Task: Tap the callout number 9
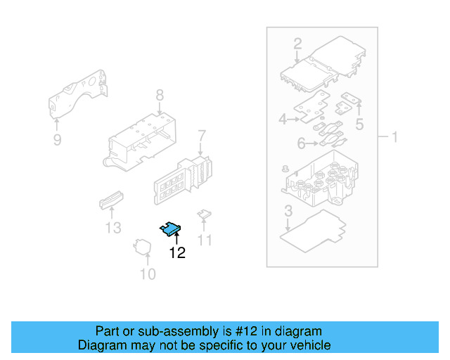(57, 140)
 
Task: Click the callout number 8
(160, 94)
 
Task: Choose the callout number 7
(201, 135)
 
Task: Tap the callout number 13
(113, 228)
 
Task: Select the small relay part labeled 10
(144, 247)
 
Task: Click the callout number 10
(148, 274)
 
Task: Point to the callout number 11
(204, 240)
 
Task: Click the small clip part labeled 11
(204, 214)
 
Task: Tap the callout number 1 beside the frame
(394, 136)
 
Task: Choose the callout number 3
(288, 210)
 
